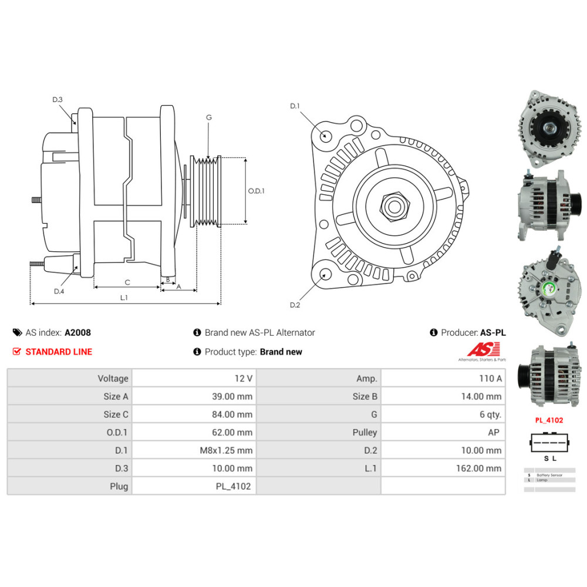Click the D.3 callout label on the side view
pyautogui.click(x=57, y=100)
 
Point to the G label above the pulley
pyautogui.click(x=208, y=117)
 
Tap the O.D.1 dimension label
pyautogui.click(x=256, y=191)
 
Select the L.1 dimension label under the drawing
pyautogui.click(x=124, y=298)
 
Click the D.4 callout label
pyautogui.click(x=59, y=292)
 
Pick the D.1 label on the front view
pyautogui.click(x=295, y=106)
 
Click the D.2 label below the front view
pyautogui.click(x=295, y=305)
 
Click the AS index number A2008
pyautogui.click(x=77, y=332)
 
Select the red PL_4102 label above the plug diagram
pyautogui.click(x=549, y=420)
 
